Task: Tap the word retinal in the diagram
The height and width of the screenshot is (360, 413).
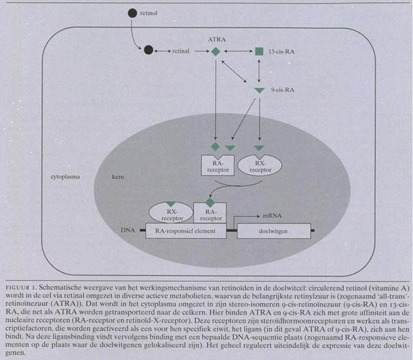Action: [182, 51]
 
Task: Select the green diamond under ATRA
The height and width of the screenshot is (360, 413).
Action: [216, 51]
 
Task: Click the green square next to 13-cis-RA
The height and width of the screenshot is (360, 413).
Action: [259, 51]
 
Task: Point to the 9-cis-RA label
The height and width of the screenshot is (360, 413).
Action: [282, 90]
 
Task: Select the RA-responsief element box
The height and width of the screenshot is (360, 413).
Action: [188, 231]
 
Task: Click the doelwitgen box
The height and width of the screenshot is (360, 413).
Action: [274, 231]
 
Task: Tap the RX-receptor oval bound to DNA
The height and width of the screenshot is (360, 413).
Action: [170, 214]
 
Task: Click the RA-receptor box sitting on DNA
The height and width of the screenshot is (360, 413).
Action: [210, 214]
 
